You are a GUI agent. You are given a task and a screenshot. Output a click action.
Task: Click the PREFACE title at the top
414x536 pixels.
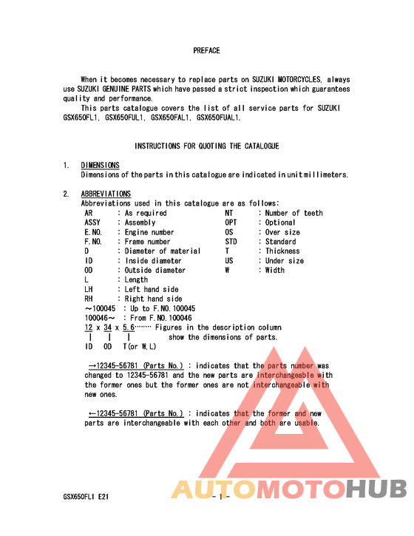click(206, 50)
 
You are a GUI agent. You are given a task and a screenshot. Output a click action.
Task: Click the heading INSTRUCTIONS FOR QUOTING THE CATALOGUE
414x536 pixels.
click(206, 146)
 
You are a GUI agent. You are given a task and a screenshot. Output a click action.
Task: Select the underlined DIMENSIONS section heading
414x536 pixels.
click(100, 165)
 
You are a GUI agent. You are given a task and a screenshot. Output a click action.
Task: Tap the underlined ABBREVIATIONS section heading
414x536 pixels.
click(106, 194)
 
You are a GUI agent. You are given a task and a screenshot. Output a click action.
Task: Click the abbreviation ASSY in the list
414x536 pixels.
click(92, 223)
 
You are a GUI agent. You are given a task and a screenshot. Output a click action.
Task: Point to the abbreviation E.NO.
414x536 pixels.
click(92, 232)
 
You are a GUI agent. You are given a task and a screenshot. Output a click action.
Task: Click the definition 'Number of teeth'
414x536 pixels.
click(294, 213)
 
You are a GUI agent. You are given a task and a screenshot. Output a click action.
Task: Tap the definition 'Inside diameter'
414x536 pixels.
click(153, 261)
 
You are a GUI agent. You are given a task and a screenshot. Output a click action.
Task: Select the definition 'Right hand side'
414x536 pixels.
click(153, 299)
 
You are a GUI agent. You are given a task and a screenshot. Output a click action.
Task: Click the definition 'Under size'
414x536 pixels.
click(285, 261)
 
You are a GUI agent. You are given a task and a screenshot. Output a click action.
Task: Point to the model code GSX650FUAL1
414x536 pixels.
click(218, 118)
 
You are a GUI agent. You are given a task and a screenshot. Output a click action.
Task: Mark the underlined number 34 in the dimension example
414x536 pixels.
click(108, 328)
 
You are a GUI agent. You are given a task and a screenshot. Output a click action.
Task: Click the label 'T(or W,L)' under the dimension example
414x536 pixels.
click(140, 346)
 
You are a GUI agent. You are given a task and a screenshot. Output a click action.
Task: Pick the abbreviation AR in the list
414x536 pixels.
click(89, 213)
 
